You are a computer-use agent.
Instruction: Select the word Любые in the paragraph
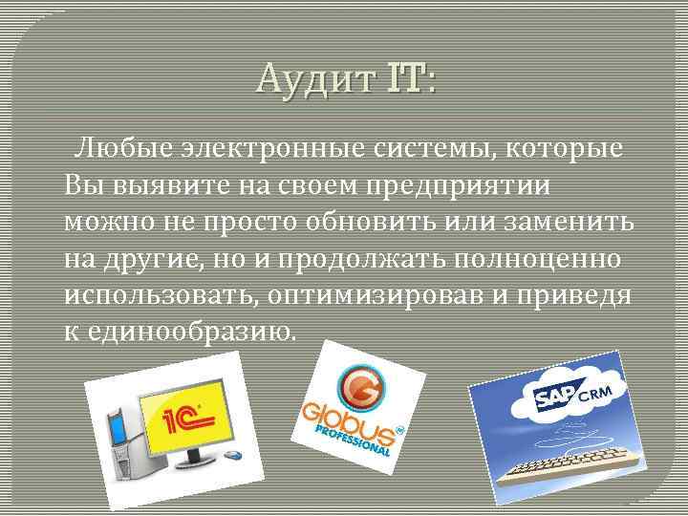122,150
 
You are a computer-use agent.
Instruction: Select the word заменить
559,221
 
